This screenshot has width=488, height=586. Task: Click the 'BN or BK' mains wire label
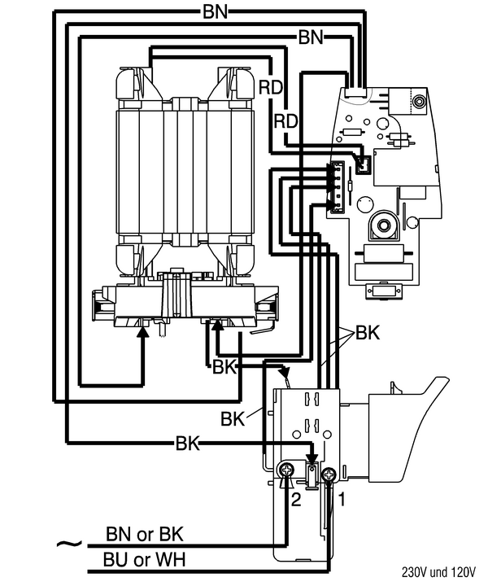pos(145,535)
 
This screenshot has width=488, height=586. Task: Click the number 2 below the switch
pos(297,500)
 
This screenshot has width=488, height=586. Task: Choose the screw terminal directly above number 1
pos(329,474)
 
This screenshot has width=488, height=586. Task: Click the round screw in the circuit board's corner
pos(419,101)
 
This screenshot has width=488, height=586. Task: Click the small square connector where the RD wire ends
pos(364,164)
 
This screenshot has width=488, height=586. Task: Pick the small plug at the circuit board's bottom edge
pos(381,291)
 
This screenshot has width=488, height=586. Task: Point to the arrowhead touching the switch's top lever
pos(285,376)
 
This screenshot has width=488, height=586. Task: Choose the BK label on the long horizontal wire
pos(187,444)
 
